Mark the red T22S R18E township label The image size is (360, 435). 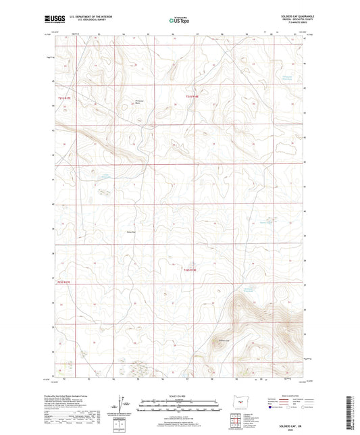pos(191,271)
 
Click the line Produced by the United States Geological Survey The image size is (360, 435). pos(80,394)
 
